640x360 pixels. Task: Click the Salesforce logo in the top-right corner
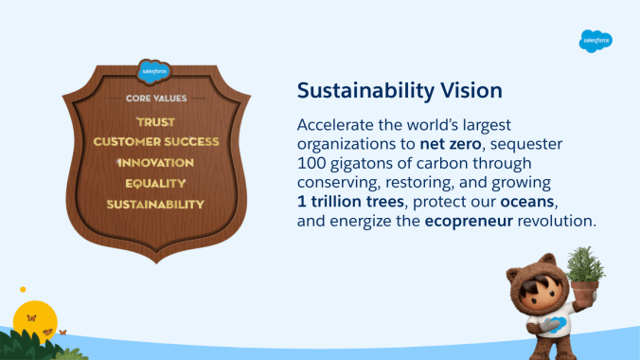(596, 41)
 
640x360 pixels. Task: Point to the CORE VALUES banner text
(156, 98)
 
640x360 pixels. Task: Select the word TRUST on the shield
(156, 122)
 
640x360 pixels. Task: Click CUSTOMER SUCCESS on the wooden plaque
(156, 142)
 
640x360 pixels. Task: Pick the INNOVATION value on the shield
(156, 163)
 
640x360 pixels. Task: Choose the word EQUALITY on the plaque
(156, 183)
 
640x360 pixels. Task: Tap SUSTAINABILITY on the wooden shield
(156, 204)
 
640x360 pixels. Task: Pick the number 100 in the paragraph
(312, 164)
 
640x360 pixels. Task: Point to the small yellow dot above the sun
(23, 290)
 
